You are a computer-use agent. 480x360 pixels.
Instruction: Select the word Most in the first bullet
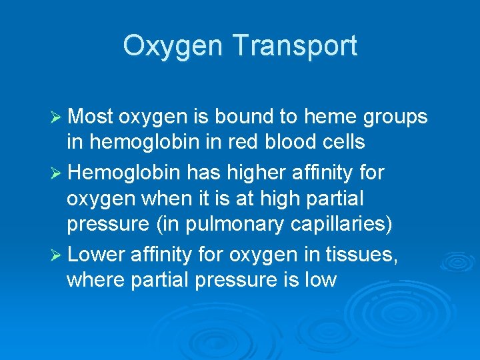[91, 117]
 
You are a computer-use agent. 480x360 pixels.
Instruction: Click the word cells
[345, 142]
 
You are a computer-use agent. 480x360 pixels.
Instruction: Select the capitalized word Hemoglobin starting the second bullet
[124, 173]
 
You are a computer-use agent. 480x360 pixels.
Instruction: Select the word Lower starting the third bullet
[97, 254]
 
